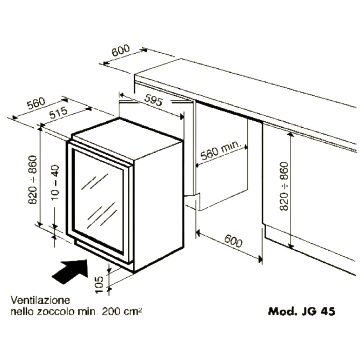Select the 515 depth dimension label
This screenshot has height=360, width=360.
point(59,112)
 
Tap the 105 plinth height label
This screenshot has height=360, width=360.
point(99,285)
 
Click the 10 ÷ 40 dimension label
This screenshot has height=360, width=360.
point(55,182)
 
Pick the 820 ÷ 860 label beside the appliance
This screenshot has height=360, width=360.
point(33,180)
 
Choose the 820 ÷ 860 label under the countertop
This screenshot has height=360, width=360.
point(284,186)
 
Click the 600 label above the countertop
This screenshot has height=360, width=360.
point(121,50)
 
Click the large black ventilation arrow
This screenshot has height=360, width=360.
point(70,271)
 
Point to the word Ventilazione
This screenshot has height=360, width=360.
point(40,300)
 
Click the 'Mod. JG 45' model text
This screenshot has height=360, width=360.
point(301,311)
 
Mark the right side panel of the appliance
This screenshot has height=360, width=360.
point(158,206)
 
